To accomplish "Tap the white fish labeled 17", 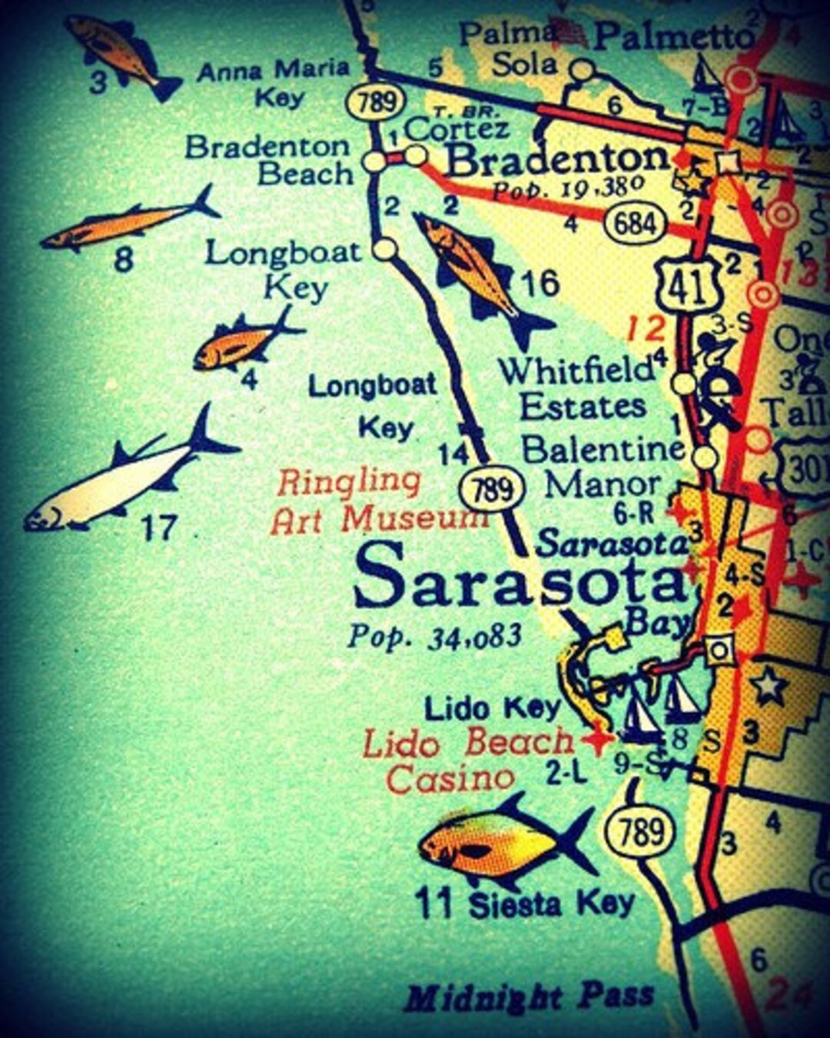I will (127, 477).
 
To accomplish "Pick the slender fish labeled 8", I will (127, 224).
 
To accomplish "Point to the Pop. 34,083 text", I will (435, 637).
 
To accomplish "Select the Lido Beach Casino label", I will (465, 760).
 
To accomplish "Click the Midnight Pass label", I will (529, 997).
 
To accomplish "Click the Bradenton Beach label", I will (269, 160).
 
